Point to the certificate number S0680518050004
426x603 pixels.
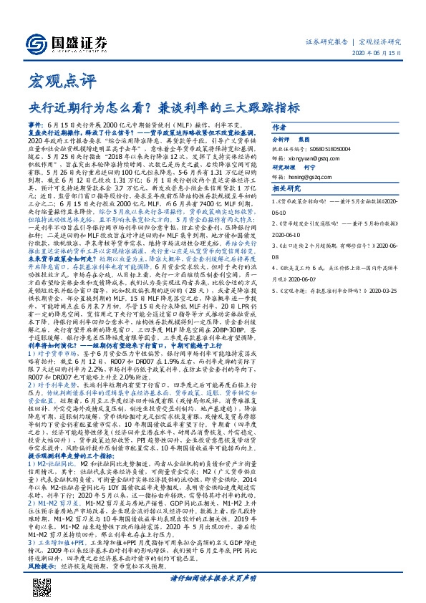point(325,148)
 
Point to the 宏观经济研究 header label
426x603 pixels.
point(379,42)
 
